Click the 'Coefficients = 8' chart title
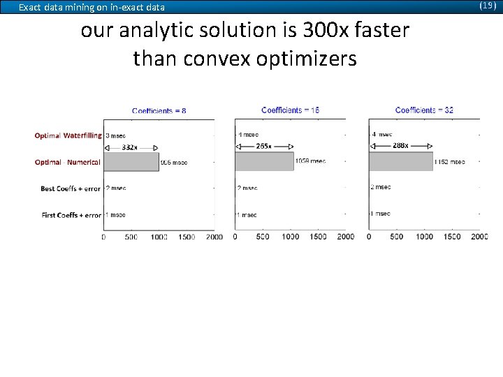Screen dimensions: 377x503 click(x=159, y=110)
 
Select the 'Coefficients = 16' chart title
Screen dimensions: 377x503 click(x=291, y=110)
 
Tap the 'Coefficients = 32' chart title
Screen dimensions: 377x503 click(x=424, y=110)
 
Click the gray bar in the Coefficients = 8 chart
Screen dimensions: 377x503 click(x=131, y=162)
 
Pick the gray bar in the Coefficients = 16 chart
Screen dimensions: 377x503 click(x=264, y=161)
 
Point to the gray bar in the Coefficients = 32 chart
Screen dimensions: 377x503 click(x=400, y=161)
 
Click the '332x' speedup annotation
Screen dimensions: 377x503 click(x=130, y=147)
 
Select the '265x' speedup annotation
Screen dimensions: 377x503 click(x=264, y=146)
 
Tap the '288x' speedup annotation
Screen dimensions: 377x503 click(x=400, y=146)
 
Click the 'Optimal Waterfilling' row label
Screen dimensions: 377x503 click(x=68, y=135)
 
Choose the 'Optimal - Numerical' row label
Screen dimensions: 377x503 click(x=68, y=162)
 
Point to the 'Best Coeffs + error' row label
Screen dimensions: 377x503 click(x=71, y=188)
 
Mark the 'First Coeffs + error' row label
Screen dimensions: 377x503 click(x=71, y=215)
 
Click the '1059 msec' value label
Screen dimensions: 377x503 click(x=310, y=161)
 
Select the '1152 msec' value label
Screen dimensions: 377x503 click(x=449, y=161)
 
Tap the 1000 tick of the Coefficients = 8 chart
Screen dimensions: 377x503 click(x=159, y=237)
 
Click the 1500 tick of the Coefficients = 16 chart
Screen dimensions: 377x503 click(x=318, y=237)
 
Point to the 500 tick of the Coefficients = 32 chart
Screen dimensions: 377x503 click(x=396, y=237)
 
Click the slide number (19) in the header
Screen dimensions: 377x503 click(x=488, y=6)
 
